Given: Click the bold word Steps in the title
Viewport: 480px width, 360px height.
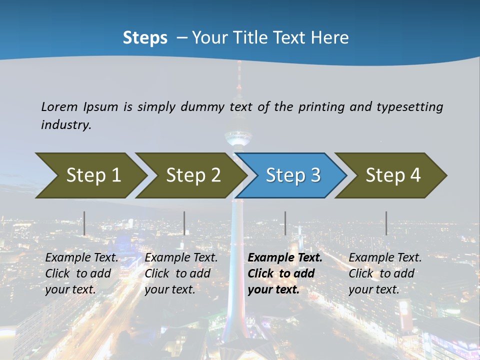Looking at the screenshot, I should point(145,38).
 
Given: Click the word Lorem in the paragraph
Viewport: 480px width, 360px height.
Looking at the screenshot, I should point(59,106).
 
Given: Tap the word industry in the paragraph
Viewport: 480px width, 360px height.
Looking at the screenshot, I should point(65,124).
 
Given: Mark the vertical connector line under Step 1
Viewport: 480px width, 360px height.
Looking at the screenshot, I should point(84,223).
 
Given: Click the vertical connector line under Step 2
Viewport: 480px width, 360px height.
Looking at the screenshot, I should point(184,223).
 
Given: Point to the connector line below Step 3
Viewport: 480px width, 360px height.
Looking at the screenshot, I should point(285,223).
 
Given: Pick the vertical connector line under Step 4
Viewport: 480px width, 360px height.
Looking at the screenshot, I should point(386,223).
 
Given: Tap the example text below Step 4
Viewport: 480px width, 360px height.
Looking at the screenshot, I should point(384,273).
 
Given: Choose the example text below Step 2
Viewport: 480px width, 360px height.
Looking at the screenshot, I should point(180,273).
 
